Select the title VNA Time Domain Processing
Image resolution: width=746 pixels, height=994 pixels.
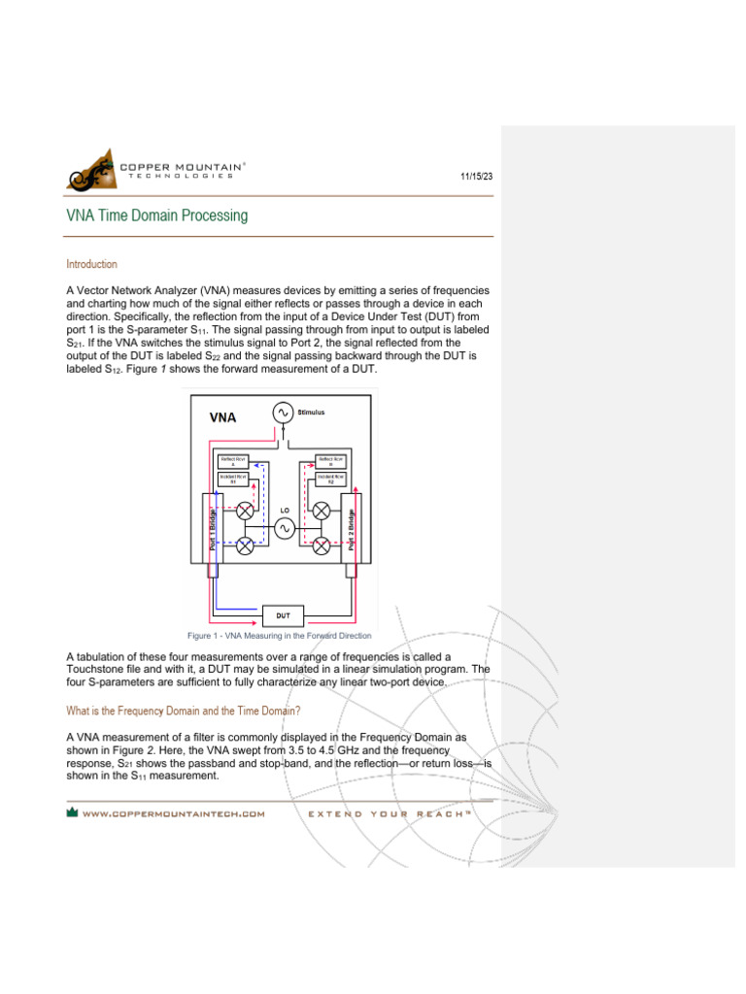156,215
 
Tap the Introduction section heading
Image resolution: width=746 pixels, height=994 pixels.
91,264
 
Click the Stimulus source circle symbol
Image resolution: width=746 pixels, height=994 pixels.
284,414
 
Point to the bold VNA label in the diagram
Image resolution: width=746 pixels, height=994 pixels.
224,418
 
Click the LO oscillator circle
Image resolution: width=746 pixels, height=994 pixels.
284,527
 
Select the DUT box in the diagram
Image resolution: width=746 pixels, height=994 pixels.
284,615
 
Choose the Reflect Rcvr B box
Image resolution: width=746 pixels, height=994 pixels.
331,461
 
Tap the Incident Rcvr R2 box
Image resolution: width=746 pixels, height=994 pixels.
331,478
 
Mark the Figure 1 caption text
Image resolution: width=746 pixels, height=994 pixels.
280,636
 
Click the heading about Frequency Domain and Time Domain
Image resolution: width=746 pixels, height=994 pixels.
186,711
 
